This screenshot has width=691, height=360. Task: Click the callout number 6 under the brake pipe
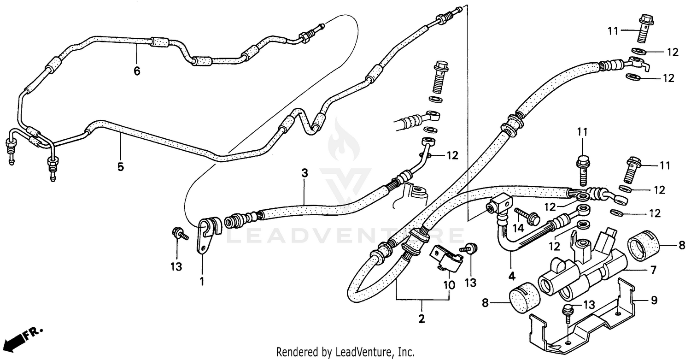click(137, 71)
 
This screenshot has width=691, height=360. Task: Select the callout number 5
click(120, 166)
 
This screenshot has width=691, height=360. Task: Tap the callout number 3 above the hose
click(304, 173)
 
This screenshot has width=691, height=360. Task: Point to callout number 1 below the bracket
click(202, 280)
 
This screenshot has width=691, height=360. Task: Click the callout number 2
click(422, 319)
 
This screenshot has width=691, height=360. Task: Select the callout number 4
click(511, 277)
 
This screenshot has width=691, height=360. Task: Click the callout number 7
click(653, 270)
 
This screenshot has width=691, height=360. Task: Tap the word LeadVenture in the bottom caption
click(368, 352)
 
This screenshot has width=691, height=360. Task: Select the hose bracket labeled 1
click(205, 235)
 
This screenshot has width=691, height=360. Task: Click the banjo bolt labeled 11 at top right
click(644, 29)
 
